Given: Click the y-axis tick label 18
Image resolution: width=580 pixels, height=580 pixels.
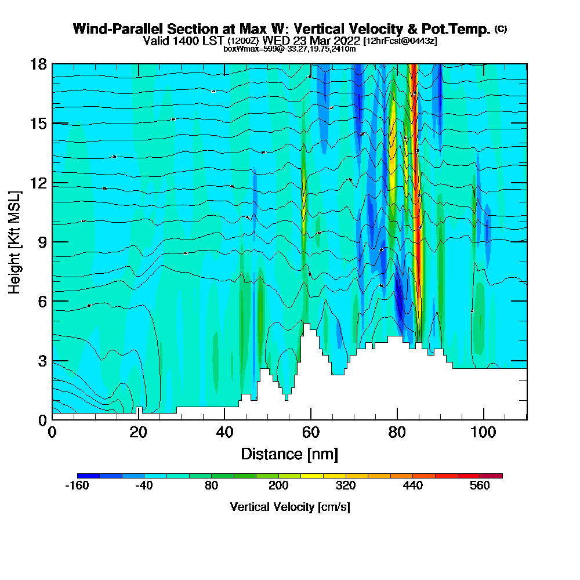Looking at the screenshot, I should pos(38,64).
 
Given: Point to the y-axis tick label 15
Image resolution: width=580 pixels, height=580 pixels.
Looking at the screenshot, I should pos(38,123).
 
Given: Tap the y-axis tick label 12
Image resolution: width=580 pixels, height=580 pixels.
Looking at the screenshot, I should pos(38,183).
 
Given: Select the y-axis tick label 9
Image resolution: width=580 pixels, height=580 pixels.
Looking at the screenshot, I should pos(42,242).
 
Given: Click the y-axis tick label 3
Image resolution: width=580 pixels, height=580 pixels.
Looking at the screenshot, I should pos(42,361).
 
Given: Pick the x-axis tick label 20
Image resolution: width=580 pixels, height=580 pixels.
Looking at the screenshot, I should pos(138,432).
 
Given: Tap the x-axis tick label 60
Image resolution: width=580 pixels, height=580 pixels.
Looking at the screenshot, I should pos(311,432).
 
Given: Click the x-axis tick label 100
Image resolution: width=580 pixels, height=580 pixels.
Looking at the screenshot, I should pos(483,432).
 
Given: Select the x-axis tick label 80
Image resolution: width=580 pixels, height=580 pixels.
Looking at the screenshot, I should pos(397,432).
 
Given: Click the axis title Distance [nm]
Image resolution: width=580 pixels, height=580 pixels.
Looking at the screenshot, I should pos(289,454).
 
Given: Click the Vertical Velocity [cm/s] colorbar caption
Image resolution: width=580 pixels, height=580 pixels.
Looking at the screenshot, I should pos(289,507).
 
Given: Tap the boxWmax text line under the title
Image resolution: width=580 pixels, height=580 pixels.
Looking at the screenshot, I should pos(289,49).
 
